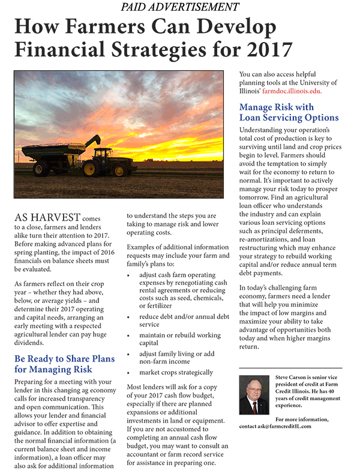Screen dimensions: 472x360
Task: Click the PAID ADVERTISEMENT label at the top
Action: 179,8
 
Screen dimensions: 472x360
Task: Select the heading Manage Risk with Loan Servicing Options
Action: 289,112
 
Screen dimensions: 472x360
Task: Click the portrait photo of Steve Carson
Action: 254,395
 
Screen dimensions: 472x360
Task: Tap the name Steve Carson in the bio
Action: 295,377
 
